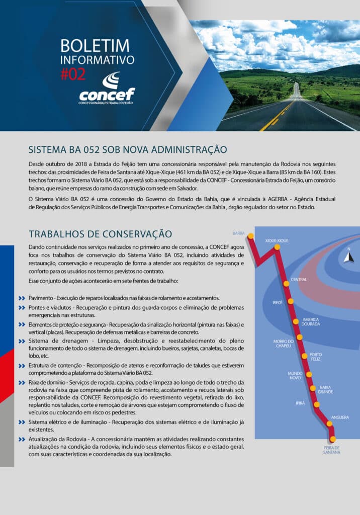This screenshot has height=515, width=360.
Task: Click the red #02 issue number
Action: coord(73,74)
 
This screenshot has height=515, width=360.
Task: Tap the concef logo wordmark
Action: coord(107,94)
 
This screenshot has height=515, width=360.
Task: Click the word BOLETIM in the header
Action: coord(95,46)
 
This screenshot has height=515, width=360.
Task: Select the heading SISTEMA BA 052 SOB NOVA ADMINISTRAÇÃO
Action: coord(128,149)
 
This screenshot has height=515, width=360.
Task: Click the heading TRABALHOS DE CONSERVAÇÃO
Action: coord(100,234)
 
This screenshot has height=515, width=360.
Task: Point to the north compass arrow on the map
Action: coord(348,256)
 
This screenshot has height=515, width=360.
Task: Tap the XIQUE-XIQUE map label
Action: coord(277,241)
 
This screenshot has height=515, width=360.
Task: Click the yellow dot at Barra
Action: coord(250,236)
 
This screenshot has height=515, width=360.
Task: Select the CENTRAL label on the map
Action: coord(299,280)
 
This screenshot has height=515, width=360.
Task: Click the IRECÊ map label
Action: coord(278,303)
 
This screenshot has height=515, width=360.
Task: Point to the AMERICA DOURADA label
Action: coord(311,322)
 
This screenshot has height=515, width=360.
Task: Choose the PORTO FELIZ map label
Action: coord(316,357)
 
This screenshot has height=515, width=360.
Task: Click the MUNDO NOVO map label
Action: coord(295,376)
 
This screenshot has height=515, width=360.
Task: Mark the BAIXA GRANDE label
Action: coord(325,389)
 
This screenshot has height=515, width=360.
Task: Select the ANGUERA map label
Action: coord(340,417)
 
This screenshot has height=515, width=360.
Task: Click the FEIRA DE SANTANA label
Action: coord(331,450)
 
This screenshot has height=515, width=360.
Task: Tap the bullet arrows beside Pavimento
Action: coord(22,298)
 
